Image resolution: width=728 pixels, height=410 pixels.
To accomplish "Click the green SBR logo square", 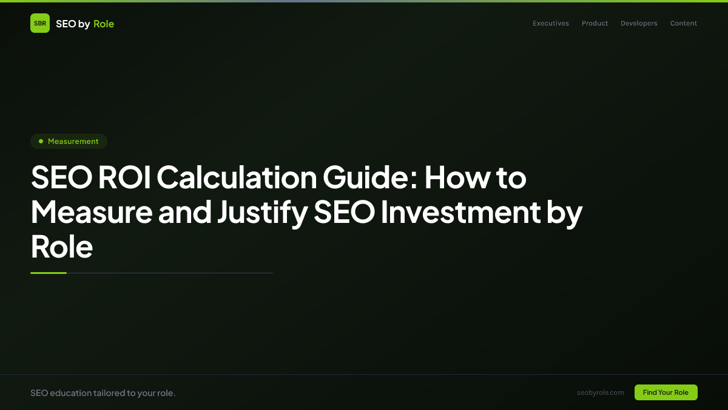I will coord(40,23).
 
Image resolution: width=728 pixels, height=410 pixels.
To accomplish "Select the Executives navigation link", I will coord(551,24).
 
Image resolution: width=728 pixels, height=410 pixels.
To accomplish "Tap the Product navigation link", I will coord(595,24).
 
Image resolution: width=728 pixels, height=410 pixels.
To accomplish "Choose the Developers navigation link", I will coord(639,24).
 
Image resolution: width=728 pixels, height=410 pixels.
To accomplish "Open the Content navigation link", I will coord(684,24).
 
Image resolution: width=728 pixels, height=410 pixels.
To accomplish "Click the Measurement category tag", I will coord(69,142).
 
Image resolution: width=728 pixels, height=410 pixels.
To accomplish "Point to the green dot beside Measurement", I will coord(41,141).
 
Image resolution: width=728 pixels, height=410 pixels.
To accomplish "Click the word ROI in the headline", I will coord(126,178).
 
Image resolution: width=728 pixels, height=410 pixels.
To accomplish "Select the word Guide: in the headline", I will coord(369,178).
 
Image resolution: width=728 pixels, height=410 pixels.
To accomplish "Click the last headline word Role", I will coord(61,247).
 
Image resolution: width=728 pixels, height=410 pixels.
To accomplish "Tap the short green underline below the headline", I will coord(49,273).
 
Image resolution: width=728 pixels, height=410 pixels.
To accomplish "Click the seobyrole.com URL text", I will coord(601,392).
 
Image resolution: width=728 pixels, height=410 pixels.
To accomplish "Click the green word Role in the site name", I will coord(104,24).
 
